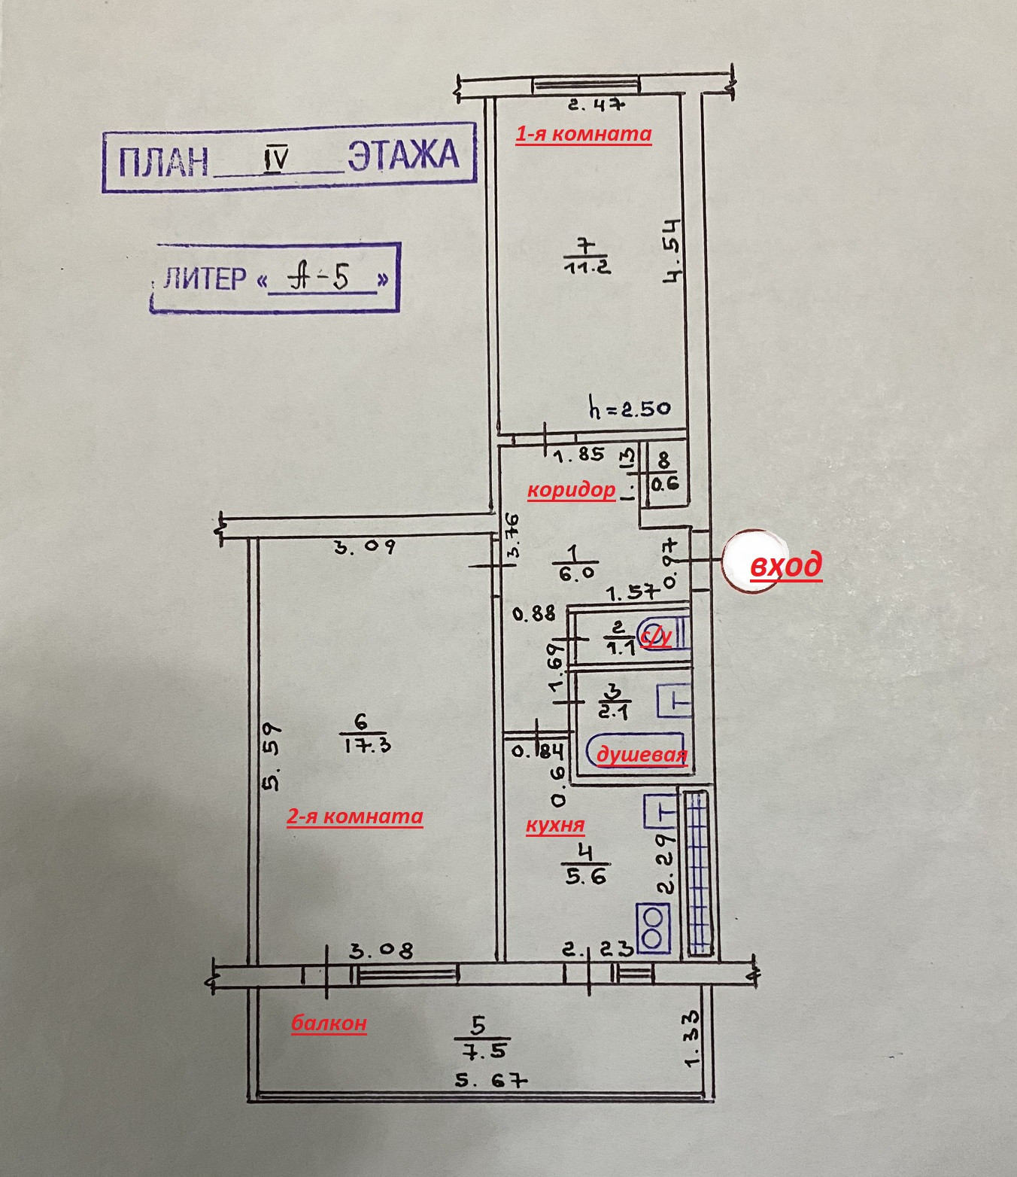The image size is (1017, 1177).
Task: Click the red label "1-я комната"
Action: click(x=583, y=134)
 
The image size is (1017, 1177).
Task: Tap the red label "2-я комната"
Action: click(x=354, y=817)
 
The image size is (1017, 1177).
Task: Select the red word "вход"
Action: click(x=786, y=564)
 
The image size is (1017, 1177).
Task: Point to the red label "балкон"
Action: click(x=329, y=1023)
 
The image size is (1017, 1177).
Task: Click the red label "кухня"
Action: click(x=555, y=825)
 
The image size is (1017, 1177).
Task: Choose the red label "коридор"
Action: click(x=571, y=490)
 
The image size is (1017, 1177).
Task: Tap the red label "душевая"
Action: click(x=642, y=755)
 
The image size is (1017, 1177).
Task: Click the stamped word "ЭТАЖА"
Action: click(x=403, y=155)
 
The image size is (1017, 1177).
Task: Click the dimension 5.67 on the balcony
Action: click(x=490, y=1081)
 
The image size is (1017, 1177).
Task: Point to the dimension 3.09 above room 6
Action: click(x=364, y=546)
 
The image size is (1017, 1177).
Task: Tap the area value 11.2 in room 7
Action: click(x=587, y=266)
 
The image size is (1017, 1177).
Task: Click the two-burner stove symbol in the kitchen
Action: click(x=652, y=928)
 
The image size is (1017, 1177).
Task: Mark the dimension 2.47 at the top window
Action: click(x=596, y=105)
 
